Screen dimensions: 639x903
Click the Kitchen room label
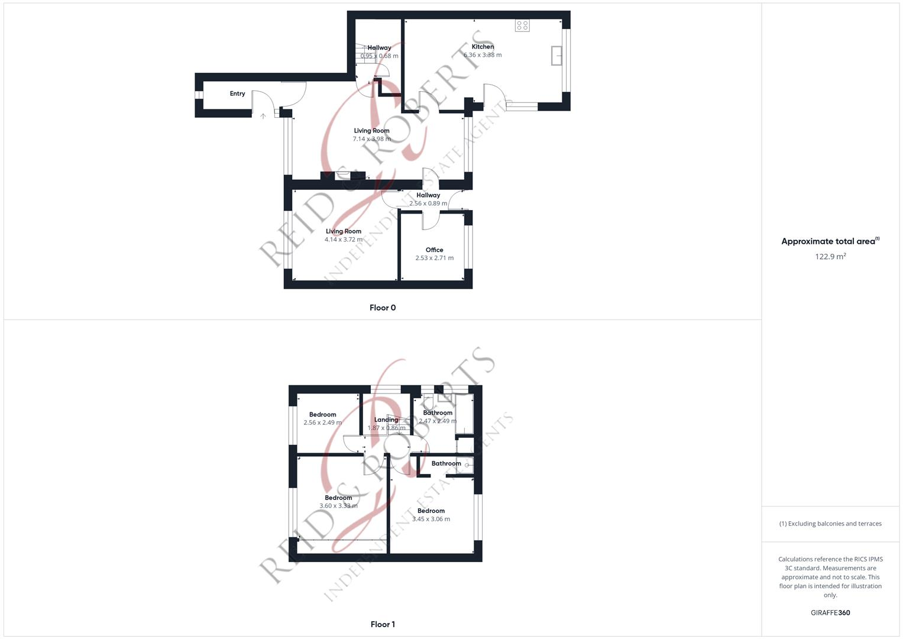click(483, 47)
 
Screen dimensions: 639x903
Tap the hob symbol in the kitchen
click(522, 25)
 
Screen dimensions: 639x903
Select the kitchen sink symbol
click(556, 55)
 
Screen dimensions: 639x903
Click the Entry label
click(237, 93)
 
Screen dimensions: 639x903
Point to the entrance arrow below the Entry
click(263, 116)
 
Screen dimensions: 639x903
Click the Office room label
click(434, 250)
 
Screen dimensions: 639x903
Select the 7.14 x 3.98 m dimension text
click(371, 139)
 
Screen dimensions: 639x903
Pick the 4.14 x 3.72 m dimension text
click(344, 240)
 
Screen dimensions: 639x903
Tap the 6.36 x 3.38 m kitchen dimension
click(483, 55)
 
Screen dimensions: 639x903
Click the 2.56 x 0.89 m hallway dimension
click(428, 204)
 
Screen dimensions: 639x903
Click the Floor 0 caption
click(383, 308)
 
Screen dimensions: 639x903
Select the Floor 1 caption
click(383, 624)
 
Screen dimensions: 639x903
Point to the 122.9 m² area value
click(830, 257)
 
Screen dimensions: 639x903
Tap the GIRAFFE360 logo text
click(830, 613)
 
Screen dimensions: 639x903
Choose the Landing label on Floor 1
click(386, 419)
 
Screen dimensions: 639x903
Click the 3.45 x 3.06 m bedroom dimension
click(431, 519)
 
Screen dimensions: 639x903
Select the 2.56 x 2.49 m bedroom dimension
click(322, 422)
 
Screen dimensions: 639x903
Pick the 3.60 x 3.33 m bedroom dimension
click(338, 506)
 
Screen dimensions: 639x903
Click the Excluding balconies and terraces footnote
click(830, 524)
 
